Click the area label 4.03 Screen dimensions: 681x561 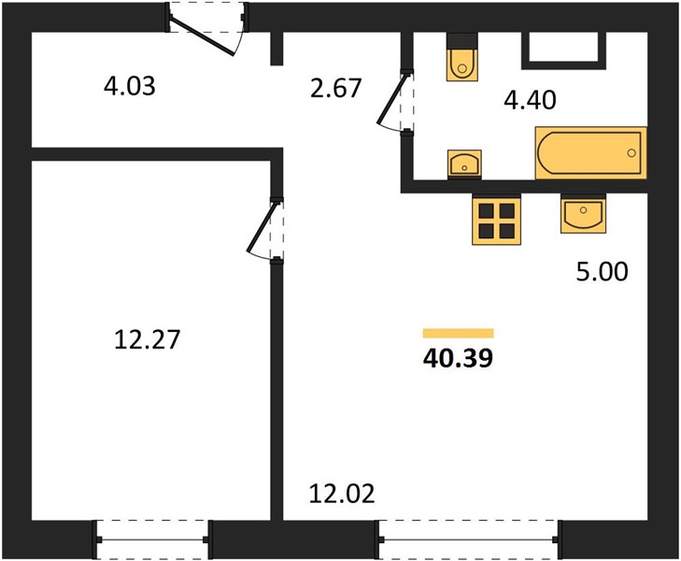(x=130, y=86)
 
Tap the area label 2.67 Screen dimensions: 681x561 (x=335, y=88)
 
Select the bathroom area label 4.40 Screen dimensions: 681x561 (x=530, y=100)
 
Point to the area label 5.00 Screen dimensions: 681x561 (x=602, y=271)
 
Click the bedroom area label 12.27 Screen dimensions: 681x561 (x=148, y=339)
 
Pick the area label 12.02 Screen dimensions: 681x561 (x=342, y=494)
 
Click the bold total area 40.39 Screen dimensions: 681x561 (x=458, y=358)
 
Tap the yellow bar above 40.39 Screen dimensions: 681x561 (x=458, y=333)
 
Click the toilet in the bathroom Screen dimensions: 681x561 (x=461, y=58)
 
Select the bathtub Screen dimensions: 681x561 (x=591, y=153)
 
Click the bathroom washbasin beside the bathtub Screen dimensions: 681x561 (x=464, y=165)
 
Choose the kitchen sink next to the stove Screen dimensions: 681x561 (x=583, y=215)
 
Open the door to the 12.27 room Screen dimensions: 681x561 (x=263, y=230)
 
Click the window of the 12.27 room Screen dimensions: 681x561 (x=152, y=539)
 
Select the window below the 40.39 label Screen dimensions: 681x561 (x=469, y=539)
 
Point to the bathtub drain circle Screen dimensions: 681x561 (x=631, y=153)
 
